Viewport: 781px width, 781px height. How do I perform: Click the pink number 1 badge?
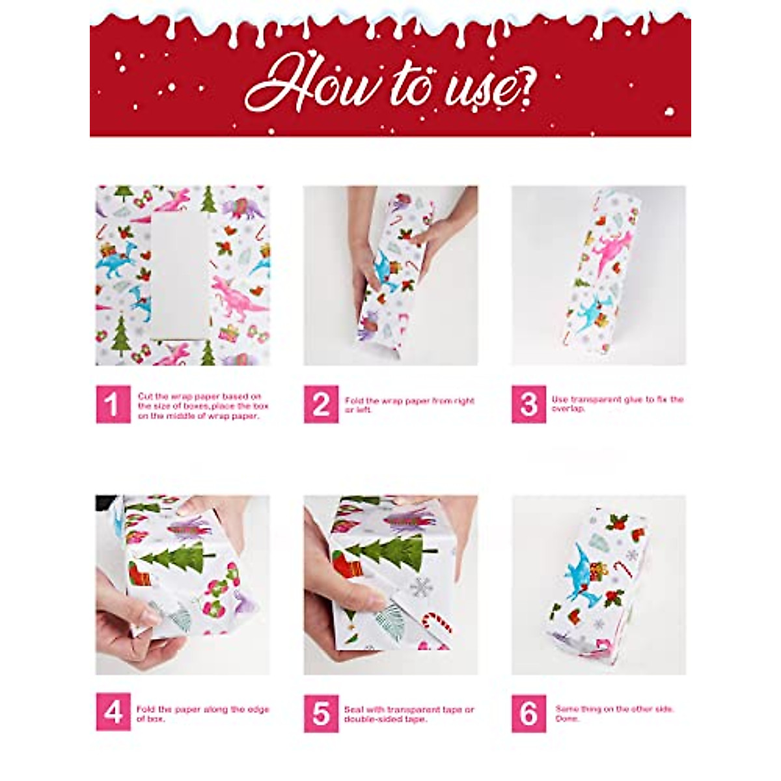click(113, 404)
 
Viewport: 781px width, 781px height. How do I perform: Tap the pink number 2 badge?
click(321, 404)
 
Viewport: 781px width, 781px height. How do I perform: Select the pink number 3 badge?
click(528, 404)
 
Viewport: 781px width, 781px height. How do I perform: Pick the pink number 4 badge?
click(113, 713)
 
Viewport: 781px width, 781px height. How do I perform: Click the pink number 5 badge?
click(321, 713)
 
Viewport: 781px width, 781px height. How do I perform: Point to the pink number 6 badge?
click(528, 713)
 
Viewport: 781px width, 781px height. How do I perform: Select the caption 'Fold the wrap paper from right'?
click(409, 401)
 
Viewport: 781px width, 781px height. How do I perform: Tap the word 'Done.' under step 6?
click(567, 719)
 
